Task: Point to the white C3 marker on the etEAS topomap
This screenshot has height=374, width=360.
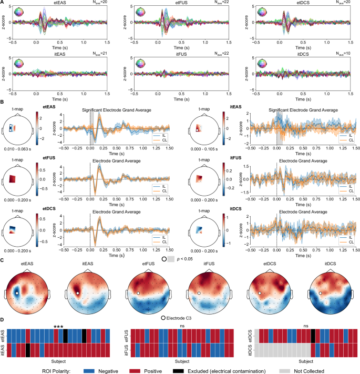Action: (17, 293)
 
